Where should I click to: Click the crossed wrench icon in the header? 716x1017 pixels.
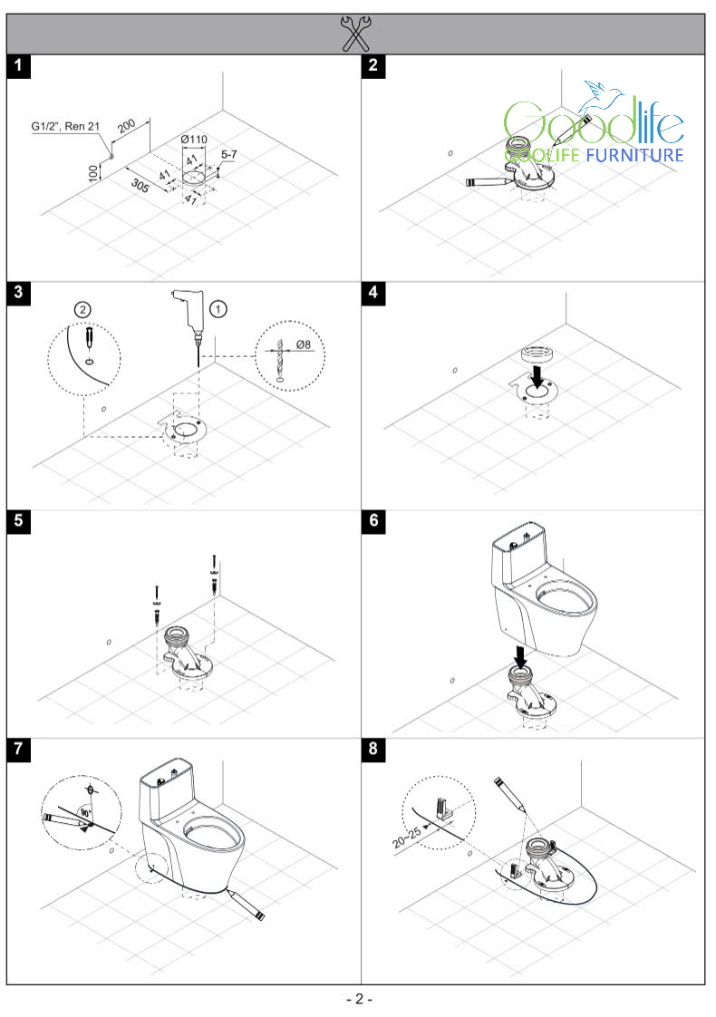(355, 34)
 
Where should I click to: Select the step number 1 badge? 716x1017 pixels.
(19, 65)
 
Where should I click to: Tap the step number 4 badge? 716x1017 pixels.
(373, 293)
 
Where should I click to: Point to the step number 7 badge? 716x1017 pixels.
(19, 749)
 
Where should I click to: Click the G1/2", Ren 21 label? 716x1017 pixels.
(65, 126)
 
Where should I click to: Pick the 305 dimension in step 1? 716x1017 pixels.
(140, 186)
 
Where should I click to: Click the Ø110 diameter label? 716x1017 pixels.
(194, 139)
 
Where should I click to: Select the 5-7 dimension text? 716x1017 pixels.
(229, 154)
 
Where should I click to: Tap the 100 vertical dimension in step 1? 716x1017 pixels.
(93, 172)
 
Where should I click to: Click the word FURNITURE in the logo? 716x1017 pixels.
(635, 155)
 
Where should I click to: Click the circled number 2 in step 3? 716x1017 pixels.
(82, 309)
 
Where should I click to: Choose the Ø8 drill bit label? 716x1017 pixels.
(304, 344)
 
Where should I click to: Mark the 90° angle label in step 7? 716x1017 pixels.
(85, 812)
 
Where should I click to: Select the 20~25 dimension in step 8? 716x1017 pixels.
(407, 837)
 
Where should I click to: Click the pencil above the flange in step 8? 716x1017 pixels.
(509, 794)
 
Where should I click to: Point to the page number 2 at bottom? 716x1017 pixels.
(359, 1000)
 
